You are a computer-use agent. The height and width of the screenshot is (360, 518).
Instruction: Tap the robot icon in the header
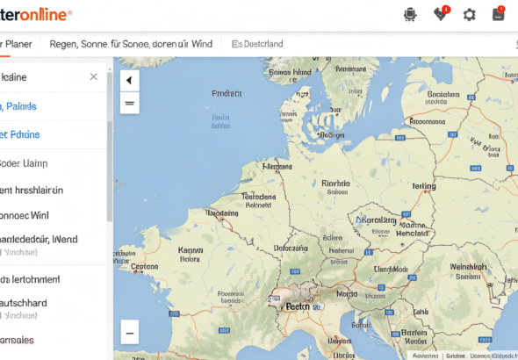point(409,14)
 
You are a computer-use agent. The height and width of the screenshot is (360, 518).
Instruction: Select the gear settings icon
point(470,14)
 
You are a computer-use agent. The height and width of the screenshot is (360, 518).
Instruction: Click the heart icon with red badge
point(440,14)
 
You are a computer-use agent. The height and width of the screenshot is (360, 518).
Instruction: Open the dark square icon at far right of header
point(498,14)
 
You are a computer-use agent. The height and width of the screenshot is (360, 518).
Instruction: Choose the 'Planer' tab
point(15,43)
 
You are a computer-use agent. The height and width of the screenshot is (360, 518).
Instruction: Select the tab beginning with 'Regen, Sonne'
point(131,43)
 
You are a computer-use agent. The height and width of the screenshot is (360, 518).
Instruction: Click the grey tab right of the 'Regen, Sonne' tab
point(257,43)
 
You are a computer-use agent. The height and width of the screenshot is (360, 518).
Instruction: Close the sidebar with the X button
point(94,76)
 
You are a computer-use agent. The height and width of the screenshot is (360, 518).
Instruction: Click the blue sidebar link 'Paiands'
point(19,106)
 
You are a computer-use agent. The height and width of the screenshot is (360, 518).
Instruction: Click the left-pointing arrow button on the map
point(130,81)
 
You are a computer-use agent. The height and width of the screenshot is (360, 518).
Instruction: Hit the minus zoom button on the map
point(130,333)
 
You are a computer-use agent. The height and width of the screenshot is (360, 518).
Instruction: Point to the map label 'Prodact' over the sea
point(227,91)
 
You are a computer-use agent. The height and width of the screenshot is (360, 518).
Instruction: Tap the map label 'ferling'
point(423,186)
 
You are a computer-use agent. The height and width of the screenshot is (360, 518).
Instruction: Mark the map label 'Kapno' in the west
point(191,249)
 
